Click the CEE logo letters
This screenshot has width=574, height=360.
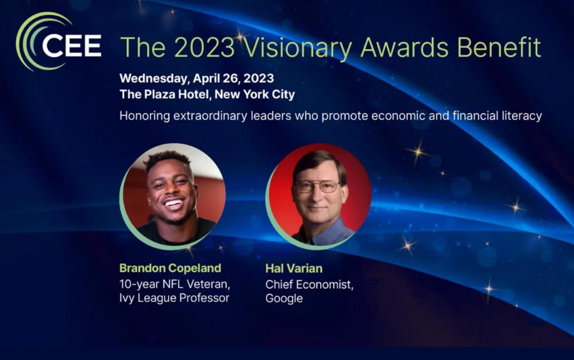tap(72, 46)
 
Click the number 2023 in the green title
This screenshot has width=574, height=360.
tap(204, 47)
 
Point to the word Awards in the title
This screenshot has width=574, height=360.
tap(405, 47)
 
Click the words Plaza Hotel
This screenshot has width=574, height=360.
tap(177, 95)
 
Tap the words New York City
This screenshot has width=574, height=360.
tap(255, 95)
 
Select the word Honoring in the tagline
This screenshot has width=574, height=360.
tap(145, 116)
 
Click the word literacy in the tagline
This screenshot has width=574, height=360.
tap(521, 116)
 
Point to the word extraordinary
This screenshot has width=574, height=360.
tap(211, 116)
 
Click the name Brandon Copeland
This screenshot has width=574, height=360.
tap(171, 268)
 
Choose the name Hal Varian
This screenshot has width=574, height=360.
tap(294, 268)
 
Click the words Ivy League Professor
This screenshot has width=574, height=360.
tap(174, 298)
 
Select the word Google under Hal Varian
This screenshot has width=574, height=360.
tap(284, 299)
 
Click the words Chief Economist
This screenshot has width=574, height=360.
tap(309, 285)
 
